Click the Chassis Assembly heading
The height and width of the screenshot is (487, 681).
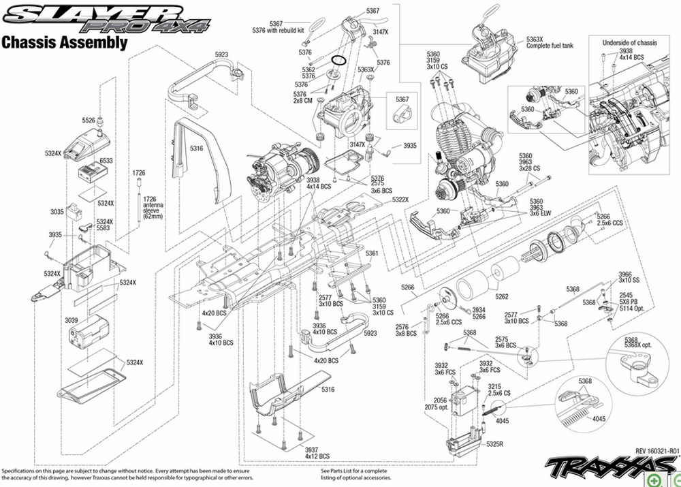[65, 43]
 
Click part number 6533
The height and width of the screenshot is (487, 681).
[106, 161]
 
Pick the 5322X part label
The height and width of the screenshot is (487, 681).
[400, 200]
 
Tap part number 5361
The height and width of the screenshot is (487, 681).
[372, 253]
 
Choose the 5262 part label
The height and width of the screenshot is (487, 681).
[502, 296]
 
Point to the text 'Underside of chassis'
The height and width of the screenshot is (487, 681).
[630, 43]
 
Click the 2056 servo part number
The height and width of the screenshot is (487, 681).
[441, 400]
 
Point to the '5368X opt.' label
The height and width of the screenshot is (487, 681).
[639, 347]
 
